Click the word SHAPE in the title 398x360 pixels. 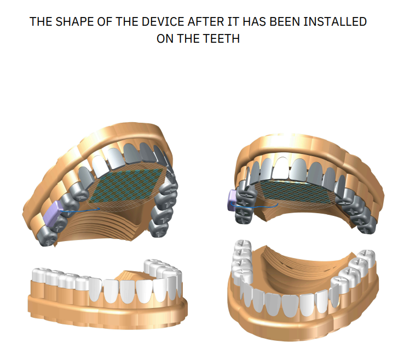click(74, 21)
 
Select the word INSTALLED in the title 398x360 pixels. click(335, 21)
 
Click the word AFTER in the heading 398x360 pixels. click(206, 21)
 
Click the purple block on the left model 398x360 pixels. click(53, 213)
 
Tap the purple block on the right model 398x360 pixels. click(232, 200)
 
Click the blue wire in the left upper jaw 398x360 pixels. click(80, 210)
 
